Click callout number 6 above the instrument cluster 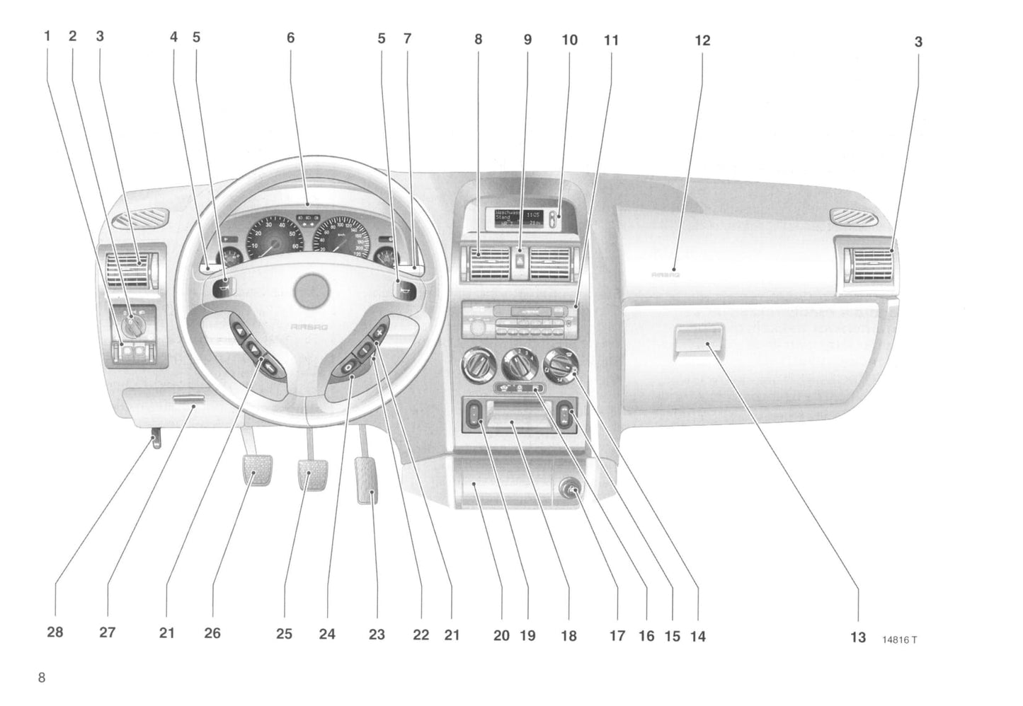click(x=290, y=37)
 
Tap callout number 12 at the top click(x=702, y=41)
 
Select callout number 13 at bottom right click(x=857, y=637)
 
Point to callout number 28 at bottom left click(x=55, y=632)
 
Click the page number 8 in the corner click(x=42, y=678)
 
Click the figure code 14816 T click(x=899, y=640)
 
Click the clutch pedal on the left click(x=258, y=470)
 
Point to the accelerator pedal click(x=367, y=480)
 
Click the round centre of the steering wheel click(x=312, y=291)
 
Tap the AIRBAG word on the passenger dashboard click(x=665, y=274)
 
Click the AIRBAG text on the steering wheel click(x=304, y=327)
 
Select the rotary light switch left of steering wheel click(x=132, y=325)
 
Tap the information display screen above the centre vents click(x=518, y=217)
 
